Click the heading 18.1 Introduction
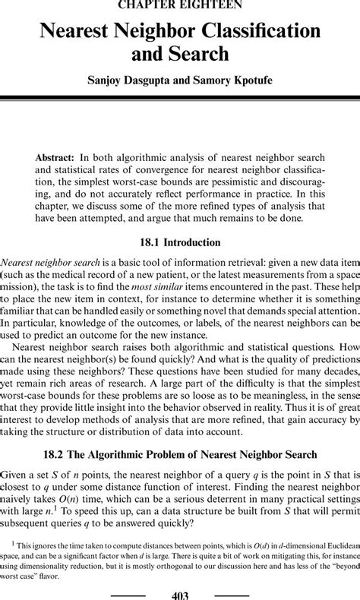[x=180, y=243]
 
